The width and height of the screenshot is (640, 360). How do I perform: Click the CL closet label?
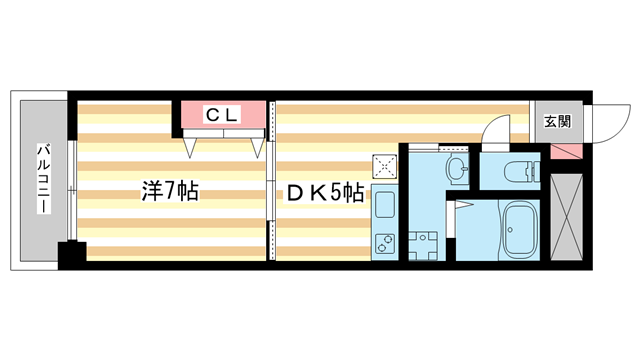pyautogui.click(x=223, y=115)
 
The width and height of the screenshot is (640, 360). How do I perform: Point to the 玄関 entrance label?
pyautogui.click(x=557, y=122)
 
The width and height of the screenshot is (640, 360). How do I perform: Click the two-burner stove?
pyautogui.click(x=385, y=243)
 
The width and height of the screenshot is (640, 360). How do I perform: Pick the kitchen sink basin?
pyautogui.click(x=385, y=207)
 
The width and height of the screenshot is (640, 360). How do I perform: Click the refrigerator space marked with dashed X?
pyautogui.click(x=385, y=166)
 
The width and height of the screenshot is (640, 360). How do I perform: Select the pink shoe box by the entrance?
pyautogui.click(x=564, y=151)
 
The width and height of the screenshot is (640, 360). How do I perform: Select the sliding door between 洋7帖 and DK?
pyautogui.click(x=270, y=185)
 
